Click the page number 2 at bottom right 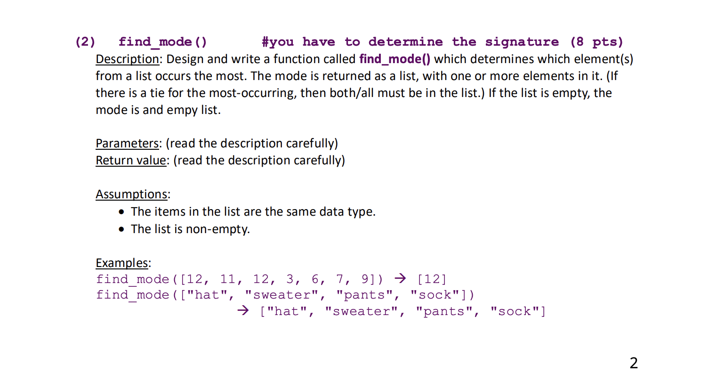coord(634,363)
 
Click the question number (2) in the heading coord(85,42)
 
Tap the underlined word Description coord(127,59)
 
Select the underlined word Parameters coord(127,144)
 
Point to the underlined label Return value coord(131,161)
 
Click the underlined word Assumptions coord(131,194)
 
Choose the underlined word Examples coord(122,263)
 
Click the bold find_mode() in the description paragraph coord(394,59)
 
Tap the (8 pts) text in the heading coord(596,42)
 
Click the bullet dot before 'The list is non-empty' coord(122,229)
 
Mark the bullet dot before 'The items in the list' coord(122,212)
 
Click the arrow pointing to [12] coord(400,278)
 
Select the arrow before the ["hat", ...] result coord(243,310)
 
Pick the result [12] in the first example coord(432,279)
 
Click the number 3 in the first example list coord(290,279)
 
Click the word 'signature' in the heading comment coord(522,42)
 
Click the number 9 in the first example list coord(365,279)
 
